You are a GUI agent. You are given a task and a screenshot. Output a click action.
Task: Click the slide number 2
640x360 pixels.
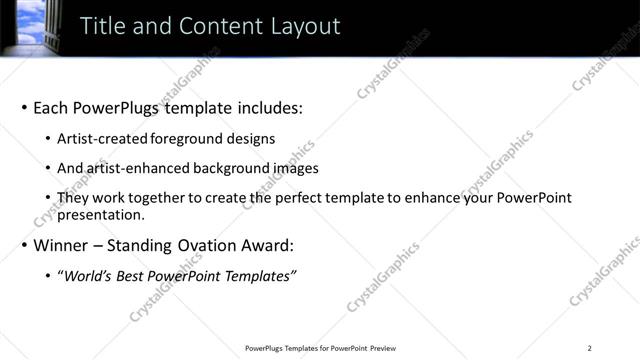pyautogui.click(x=589, y=348)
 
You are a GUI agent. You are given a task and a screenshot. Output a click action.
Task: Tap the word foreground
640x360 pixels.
pyautogui.click(x=190, y=139)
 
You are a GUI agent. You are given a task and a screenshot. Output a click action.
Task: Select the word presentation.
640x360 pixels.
pyautogui.click(x=103, y=214)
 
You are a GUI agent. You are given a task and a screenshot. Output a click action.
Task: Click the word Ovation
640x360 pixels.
pyautogui.click(x=214, y=245)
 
